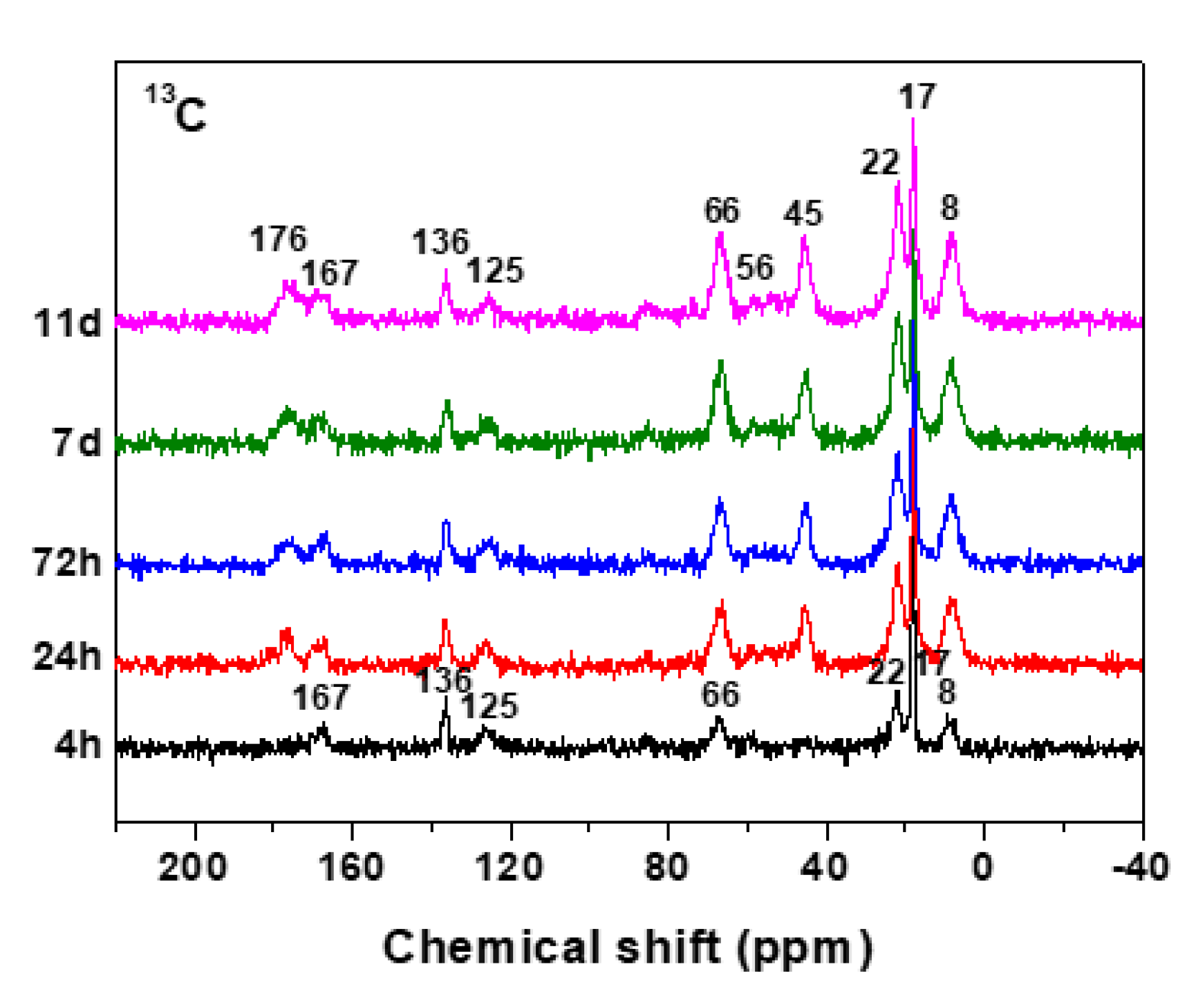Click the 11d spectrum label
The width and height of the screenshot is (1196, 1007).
(67, 323)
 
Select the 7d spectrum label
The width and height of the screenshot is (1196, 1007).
(76, 442)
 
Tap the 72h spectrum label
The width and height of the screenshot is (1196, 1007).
(67, 563)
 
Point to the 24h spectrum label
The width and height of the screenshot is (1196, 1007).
(67, 655)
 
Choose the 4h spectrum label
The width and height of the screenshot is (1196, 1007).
(77, 745)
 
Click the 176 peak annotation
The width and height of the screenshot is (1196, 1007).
(278, 240)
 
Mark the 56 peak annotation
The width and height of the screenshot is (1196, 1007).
(754, 267)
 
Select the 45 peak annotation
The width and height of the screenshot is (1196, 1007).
(803, 214)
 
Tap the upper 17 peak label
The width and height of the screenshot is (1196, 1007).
(917, 97)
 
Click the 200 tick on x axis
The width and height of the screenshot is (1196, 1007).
(193, 866)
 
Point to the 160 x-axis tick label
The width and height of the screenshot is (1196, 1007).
(351, 866)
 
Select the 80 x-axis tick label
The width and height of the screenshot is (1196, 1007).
(667, 866)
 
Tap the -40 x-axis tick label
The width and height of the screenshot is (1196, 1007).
(1141, 866)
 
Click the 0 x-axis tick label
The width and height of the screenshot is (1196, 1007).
(982, 866)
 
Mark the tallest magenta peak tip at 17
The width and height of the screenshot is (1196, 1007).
(913, 120)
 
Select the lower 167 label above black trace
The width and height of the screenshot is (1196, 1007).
(321, 697)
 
